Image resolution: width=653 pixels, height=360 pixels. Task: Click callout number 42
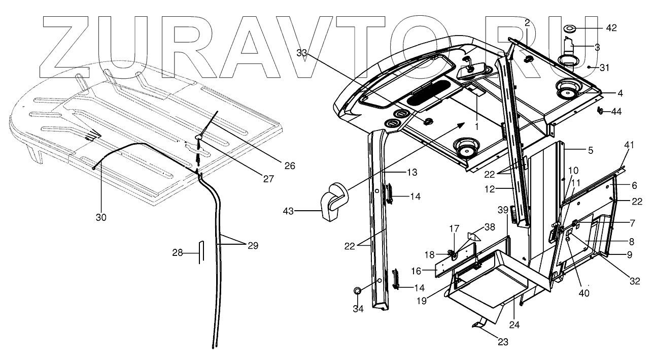point(611,28)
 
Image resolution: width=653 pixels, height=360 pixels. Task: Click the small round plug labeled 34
point(358,291)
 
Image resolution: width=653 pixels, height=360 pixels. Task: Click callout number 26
point(290,166)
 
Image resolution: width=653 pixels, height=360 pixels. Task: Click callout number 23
point(502,342)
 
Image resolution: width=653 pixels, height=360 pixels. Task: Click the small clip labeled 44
point(601,110)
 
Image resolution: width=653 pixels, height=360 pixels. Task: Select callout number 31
point(604,67)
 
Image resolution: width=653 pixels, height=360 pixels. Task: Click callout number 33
point(302,52)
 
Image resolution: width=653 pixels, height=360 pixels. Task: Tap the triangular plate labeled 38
point(473,236)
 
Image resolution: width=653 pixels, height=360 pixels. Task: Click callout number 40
point(584,292)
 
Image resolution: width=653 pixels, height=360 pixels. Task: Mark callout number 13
point(411,173)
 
